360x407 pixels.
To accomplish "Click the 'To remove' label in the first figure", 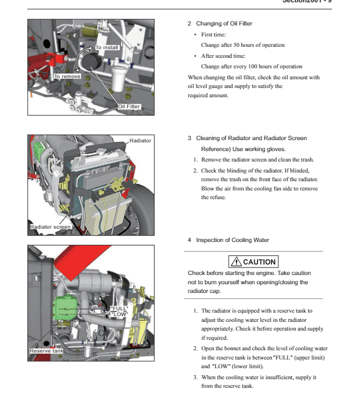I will [67, 76].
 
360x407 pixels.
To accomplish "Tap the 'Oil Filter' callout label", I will [129, 107].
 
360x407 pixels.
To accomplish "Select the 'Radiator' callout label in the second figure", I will [140, 141].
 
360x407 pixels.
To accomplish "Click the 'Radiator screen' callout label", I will [51, 227].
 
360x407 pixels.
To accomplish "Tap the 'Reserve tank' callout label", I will [47, 351].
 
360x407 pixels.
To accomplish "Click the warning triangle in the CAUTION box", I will [236, 262].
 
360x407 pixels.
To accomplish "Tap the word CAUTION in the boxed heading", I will [259, 262].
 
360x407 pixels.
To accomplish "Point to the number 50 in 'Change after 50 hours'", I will [238, 45].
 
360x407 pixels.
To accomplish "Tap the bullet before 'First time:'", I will [195, 35].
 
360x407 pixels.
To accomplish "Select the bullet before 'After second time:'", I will [195, 56].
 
